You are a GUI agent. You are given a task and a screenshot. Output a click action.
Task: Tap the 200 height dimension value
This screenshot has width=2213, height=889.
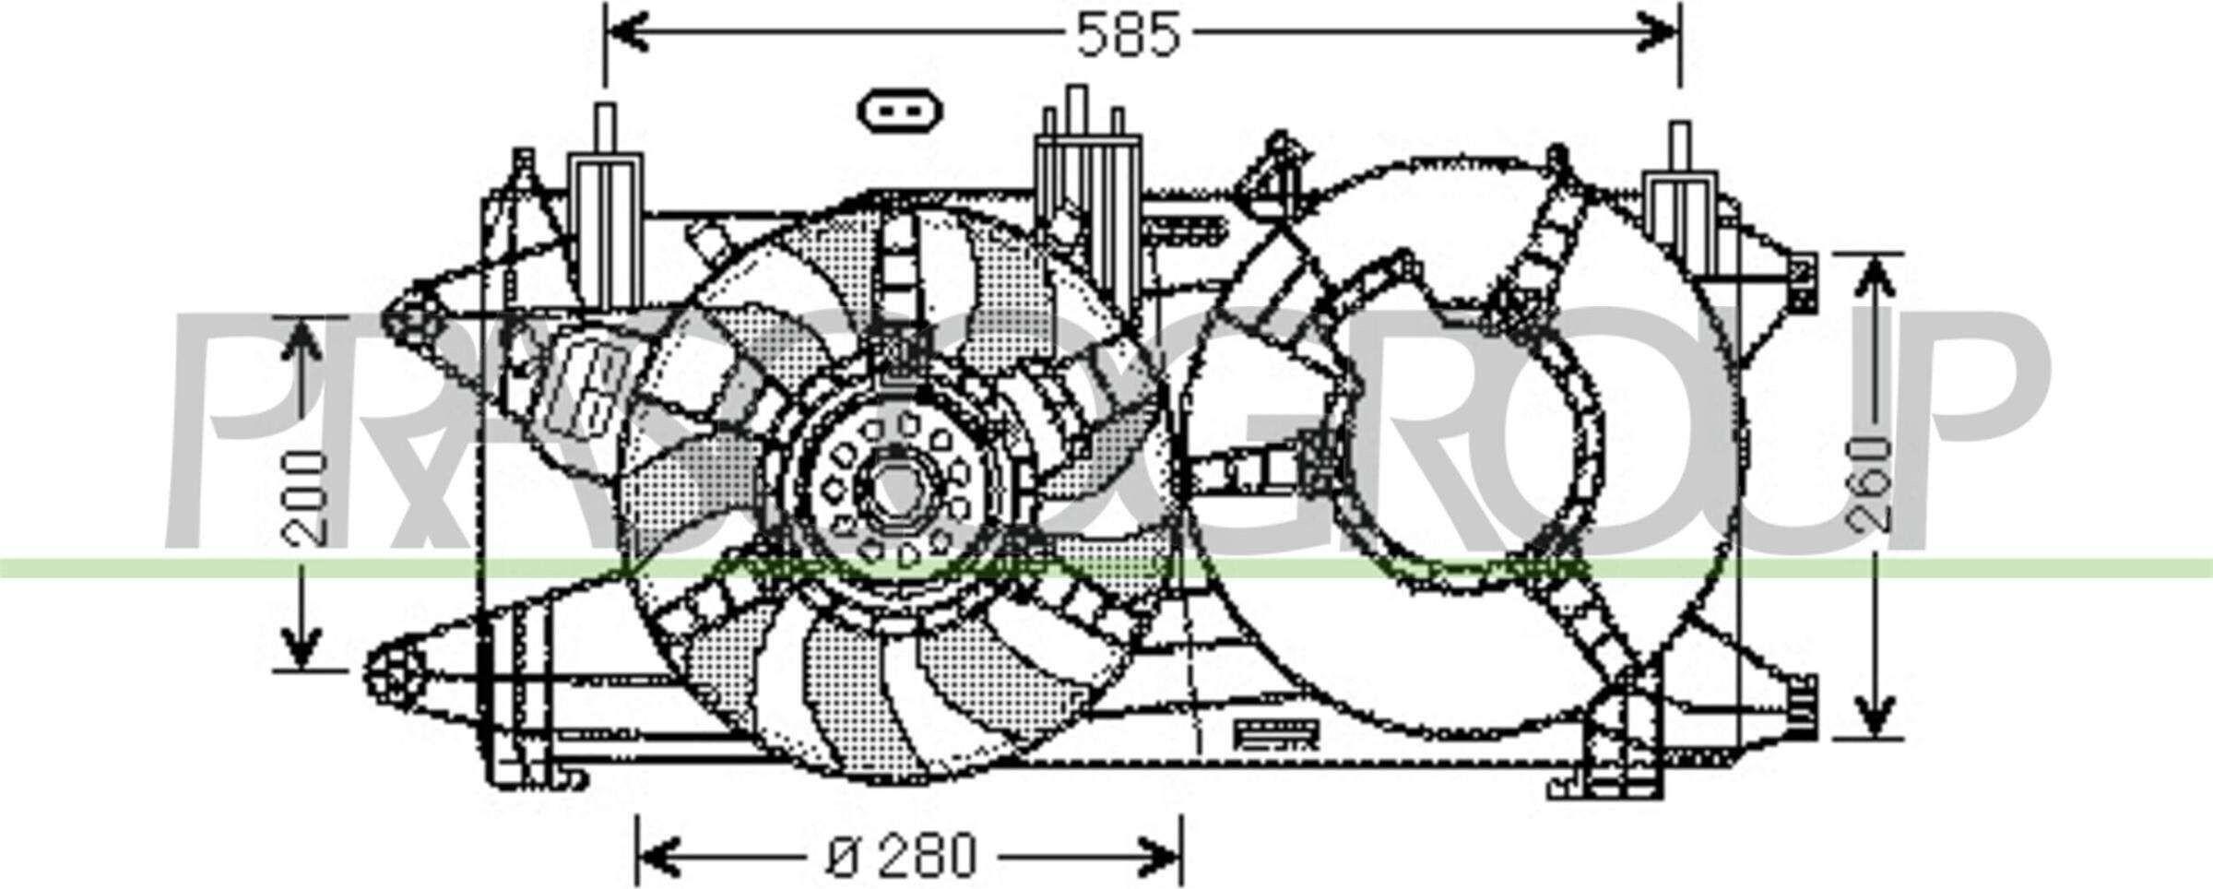pyautogui.click(x=305, y=498)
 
